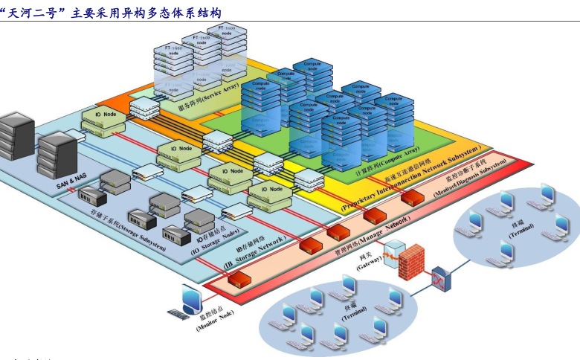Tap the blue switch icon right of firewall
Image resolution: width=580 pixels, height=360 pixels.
pyautogui.click(x=442, y=278)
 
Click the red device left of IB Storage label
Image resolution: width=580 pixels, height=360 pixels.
pyautogui.click(x=239, y=278)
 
